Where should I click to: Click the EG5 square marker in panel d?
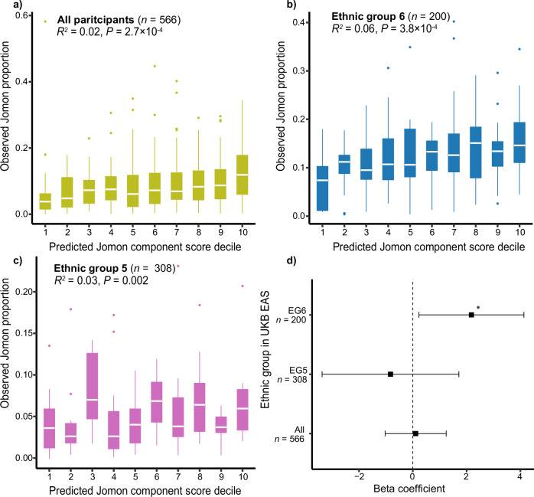coord(390,374)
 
